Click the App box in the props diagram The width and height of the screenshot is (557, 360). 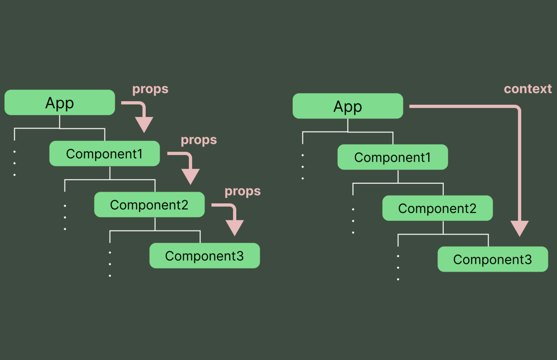(x=59, y=103)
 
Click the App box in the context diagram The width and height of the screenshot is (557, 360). (x=348, y=106)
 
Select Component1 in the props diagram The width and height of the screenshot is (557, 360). (x=104, y=154)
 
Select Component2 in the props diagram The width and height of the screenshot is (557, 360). (x=149, y=205)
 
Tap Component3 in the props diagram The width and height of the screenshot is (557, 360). (x=204, y=256)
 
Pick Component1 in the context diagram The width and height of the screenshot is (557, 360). (x=392, y=157)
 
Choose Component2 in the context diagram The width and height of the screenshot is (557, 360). (x=437, y=208)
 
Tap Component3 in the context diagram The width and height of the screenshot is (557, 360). (x=492, y=259)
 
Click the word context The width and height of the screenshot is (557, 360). (x=528, y=89)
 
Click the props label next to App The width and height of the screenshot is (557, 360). (x=150, y=89)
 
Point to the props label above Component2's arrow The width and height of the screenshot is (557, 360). (x=243, y=191)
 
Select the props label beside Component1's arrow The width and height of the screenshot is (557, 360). (x=199, y=140)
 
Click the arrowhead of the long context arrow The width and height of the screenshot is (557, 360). (x=519, y=228)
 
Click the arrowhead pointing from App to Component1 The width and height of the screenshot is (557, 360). (x=144, y=124)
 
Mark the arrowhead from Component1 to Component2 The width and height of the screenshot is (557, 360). (x=190, y=176)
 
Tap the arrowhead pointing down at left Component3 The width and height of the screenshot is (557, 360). (x=234, y=227)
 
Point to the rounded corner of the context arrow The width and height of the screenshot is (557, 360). (x=517, y=109)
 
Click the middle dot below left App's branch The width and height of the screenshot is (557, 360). (x=14, y=163)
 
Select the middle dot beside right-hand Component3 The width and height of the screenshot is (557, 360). (x=398, y=268)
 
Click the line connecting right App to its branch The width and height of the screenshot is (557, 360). (x=348, y=125)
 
